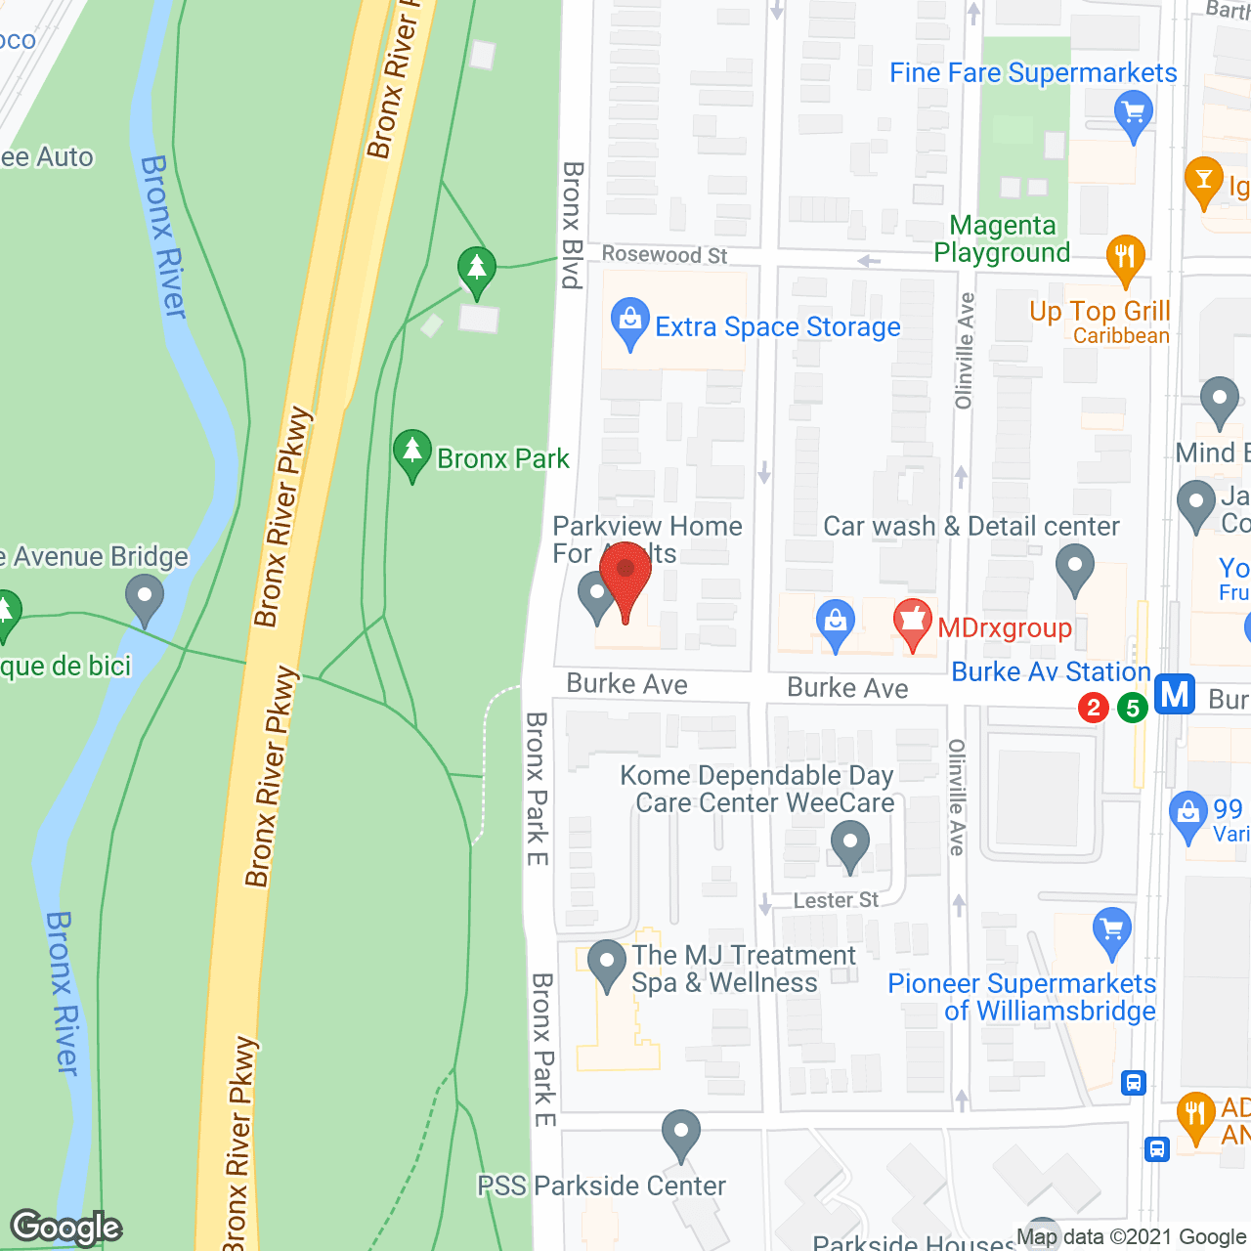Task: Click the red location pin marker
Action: (x=625, y=577)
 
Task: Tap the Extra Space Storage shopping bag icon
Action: (x=630, y=322)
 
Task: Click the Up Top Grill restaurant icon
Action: (x=1126, y=258)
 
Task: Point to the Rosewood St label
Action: (x=665, y=255)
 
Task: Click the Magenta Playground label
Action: (x=1002, y=239)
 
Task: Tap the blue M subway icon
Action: (x=1175, y=695)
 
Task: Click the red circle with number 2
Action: (x=1094, y=708)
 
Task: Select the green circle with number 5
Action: (x=1133, y=708)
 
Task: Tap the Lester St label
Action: (x=836, y=900)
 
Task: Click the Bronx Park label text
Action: (x=503, y=458)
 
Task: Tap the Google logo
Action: (x=66, y=1227)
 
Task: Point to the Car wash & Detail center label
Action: (x=971, y=527)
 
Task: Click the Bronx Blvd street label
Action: (x=573, y=225)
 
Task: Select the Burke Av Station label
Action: (x=1051, y=672)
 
